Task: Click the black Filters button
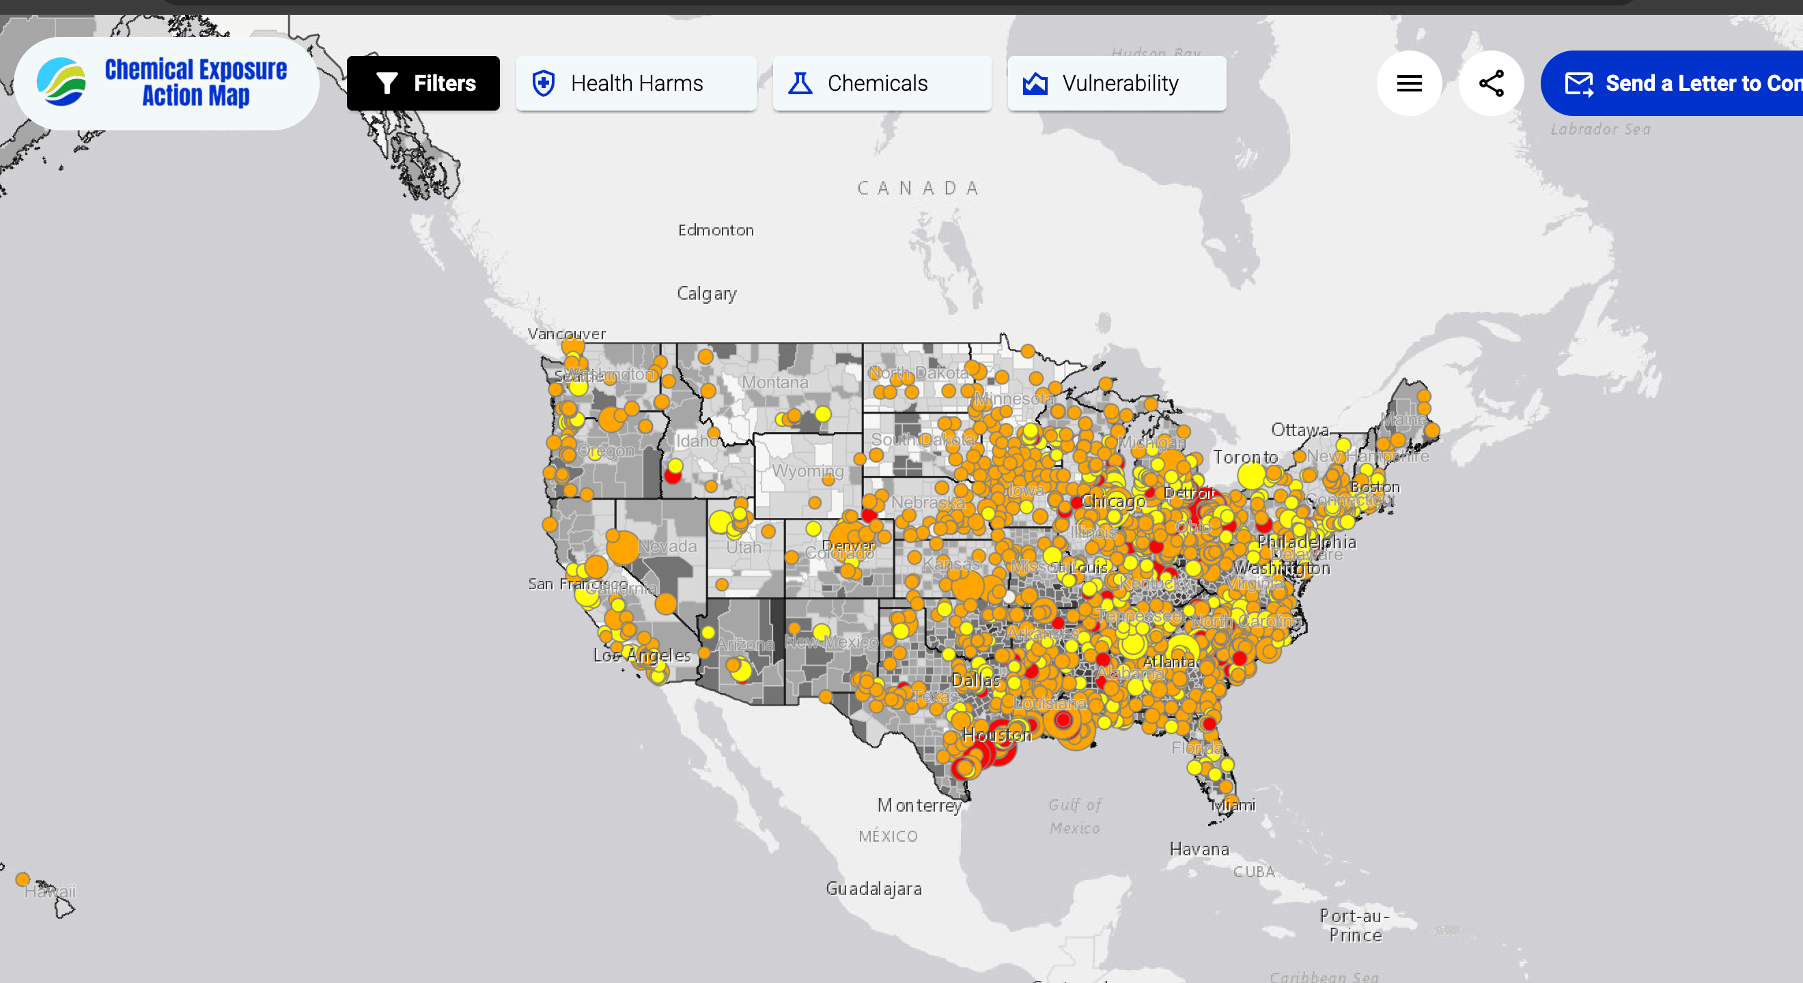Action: pyautogui.click(x=423, y=83)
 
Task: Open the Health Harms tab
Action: pyautogui.click(x=636, y=83)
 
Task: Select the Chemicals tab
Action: pyautogui.click(x=881, y=83)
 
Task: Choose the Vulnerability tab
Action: pyautogui.click(x=1117, y=83)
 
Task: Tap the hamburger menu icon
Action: pyautogui.click(x=1409, y=83)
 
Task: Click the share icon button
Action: pyautogui.click(x=1491, y=83)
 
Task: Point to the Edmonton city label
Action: pyautogui.click(x=715, y=230)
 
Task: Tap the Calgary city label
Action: pyautogui.click(x=706, y=293)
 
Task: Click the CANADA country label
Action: pyautogui.click(x=918, y=188)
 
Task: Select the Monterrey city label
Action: pyautogui.click(x=919, y=806)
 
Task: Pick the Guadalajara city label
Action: pyautogui.click(x=873, y=889)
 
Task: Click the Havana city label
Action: pyautogui.click(x=1199, y=849)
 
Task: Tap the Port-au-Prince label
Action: pyautogui.click(x=1355, y=925)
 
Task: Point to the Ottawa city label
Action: pyautogui.click(x=1300, y=429)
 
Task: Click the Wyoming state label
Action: pyautogui.click(x=807, y=471)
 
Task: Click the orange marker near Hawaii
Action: pyautogui.click(x=23, y=879)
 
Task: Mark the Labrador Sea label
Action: pyautogui.click(x=1600, y=130)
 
